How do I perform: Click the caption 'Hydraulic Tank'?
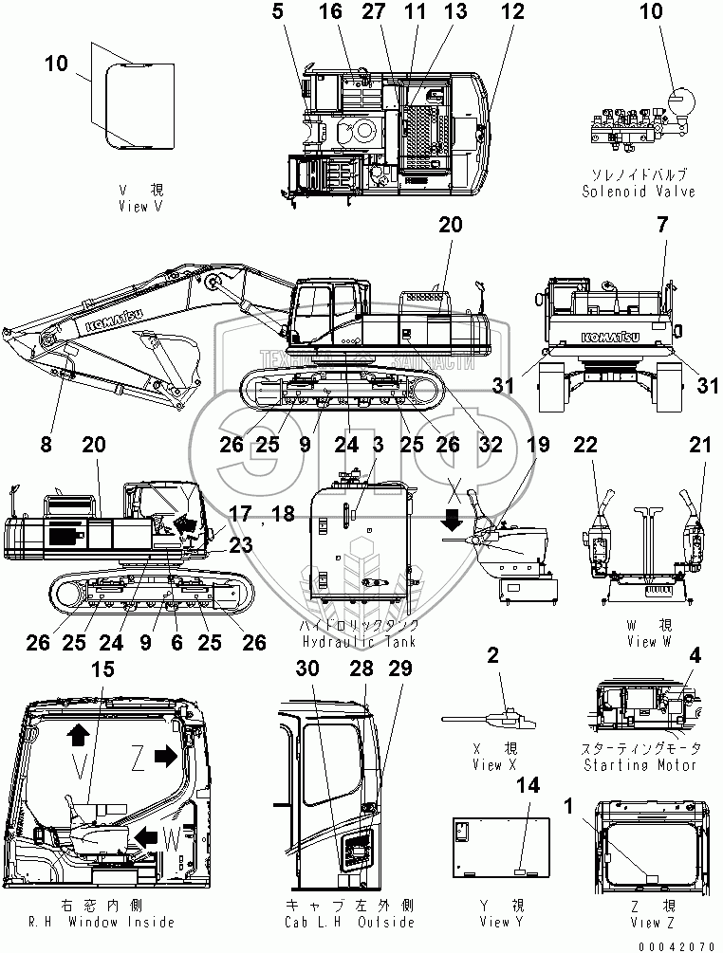pyautogui.click(x=359, y=642)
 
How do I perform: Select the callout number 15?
pyautogui.click(x=102, y=669)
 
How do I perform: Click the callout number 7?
pyautogui.click(x=661, y=225)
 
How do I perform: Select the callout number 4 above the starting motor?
pyautogui.click(x=695, y=653)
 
